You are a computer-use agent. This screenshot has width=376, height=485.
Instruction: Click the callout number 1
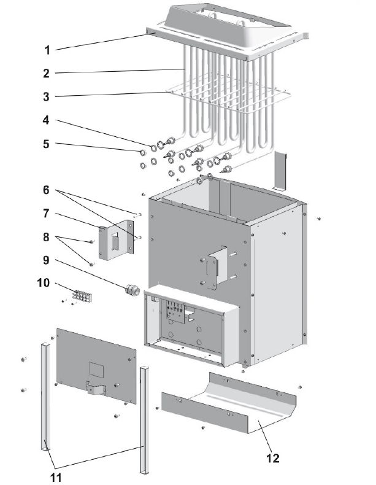tap(47, 48)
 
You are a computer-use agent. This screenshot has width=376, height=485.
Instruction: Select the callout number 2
tap(47, 73)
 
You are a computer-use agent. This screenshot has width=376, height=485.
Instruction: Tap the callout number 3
tap(47, 96)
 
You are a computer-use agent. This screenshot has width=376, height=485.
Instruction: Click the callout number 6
tap(47, 190)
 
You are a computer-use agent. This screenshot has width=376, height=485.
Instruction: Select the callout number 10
tap(44, 284)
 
